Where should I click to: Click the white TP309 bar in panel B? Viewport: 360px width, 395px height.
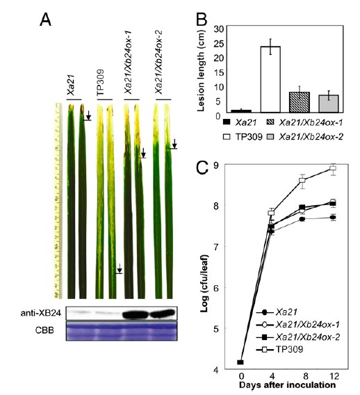pos(270,79)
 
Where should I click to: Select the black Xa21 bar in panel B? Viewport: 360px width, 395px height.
pos(241,111)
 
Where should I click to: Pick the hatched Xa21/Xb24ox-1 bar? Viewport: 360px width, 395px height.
pos(300,102)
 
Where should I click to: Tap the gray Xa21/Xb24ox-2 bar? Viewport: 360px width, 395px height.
pos(329,104)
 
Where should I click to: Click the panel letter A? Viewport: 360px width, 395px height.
pos(46,20)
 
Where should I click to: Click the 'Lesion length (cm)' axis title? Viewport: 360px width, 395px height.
pos(201,70)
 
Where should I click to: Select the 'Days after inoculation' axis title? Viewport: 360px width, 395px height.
pos(287,385)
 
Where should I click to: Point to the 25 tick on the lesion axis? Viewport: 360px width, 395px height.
pos(218,44)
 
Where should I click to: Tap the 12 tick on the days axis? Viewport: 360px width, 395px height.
pos(334,376)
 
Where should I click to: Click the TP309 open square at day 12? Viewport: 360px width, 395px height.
pos(333,168)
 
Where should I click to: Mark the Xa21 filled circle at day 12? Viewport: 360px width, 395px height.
pos(333,217)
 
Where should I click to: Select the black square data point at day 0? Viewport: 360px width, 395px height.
pos(240,362)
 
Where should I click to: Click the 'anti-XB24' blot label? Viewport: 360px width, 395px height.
pos(41,313)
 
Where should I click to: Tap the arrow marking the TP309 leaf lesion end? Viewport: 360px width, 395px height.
pos(120,268)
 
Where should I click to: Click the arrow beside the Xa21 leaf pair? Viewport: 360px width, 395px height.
pos(88,115)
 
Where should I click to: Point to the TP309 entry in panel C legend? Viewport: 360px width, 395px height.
pos(279,350)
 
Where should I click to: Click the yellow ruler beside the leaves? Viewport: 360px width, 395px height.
pos(58,201)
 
